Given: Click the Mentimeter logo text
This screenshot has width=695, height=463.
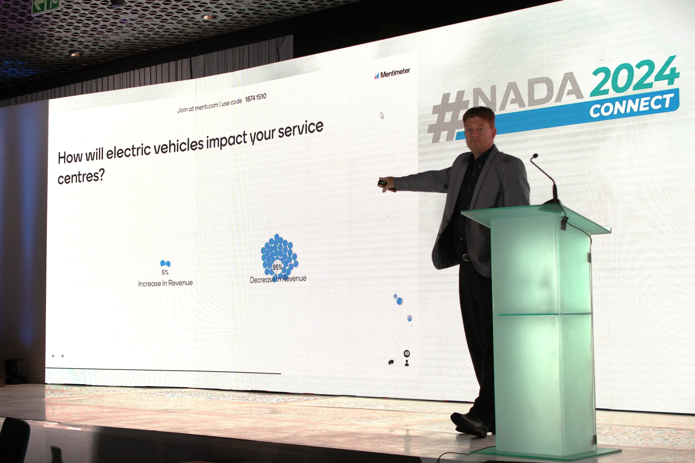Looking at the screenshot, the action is pyautogui.click(x=395, y=73).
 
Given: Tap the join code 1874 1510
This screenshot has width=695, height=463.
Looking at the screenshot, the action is pyautogui.click(x=255, y=98).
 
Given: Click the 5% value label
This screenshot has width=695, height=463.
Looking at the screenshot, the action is pyautogui.click(x=165, y=272).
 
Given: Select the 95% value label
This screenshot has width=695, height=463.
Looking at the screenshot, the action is pyautogui.click(x=277, y=267).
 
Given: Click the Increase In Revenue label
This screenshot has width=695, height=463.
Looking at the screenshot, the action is pyautogui.click(x=165, y=283).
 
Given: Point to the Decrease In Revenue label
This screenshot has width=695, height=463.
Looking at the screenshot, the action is pyautogui.click(x=278, y=279).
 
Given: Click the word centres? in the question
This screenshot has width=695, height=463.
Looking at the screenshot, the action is pyautogui.click(x=81, y=177).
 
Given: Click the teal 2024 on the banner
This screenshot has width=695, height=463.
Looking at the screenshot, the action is pyautogui.click(x=634, y=76).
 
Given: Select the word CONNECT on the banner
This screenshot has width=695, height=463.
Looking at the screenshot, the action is pyautogui.click(x=632, y=106).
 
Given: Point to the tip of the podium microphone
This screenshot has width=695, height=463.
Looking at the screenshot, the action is pyautogui.click(x=535, y=156).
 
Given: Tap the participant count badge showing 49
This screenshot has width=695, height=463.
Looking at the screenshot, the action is pyautogui.click(x=407, y=353).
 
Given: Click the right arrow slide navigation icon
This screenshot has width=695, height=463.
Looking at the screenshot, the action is pyautogui.click(x=62, y=356).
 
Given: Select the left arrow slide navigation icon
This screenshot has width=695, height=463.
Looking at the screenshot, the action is pyautogui.click(x=53, y=356).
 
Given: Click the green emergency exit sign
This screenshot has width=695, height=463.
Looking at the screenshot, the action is pyautogui.click(x=46, y=6).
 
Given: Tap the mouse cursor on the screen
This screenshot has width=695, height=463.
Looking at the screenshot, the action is pyautogui.click(x=382, y=116).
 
